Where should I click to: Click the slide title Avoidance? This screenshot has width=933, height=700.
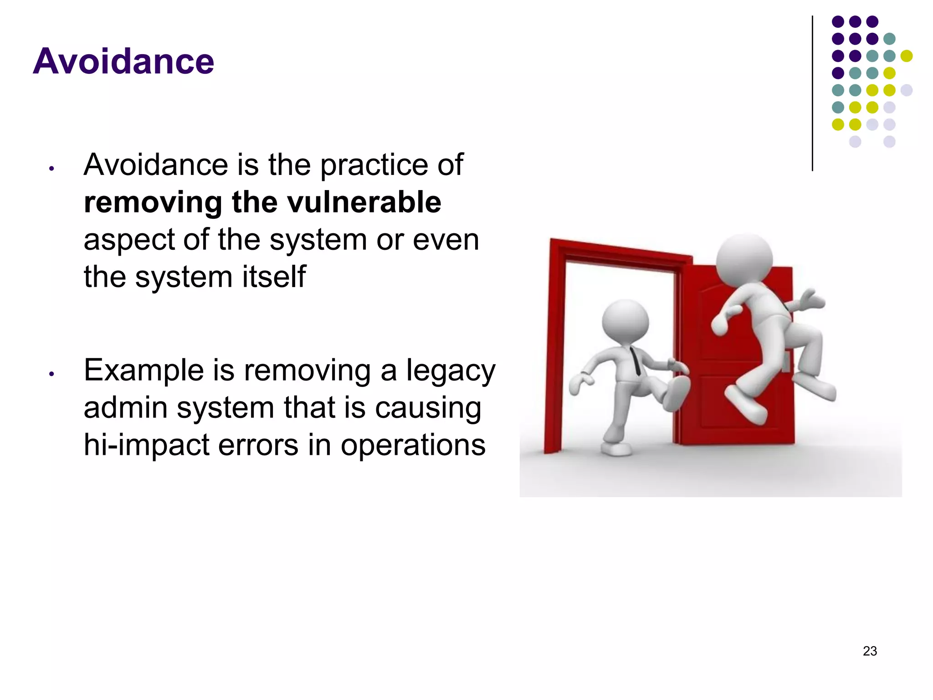tap(123, 61)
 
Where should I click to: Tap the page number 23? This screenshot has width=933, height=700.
tap(869, 651)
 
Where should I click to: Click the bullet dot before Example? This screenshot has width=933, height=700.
tap(52, 374)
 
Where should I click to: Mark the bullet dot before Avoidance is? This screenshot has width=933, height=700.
tap(52, 169)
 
